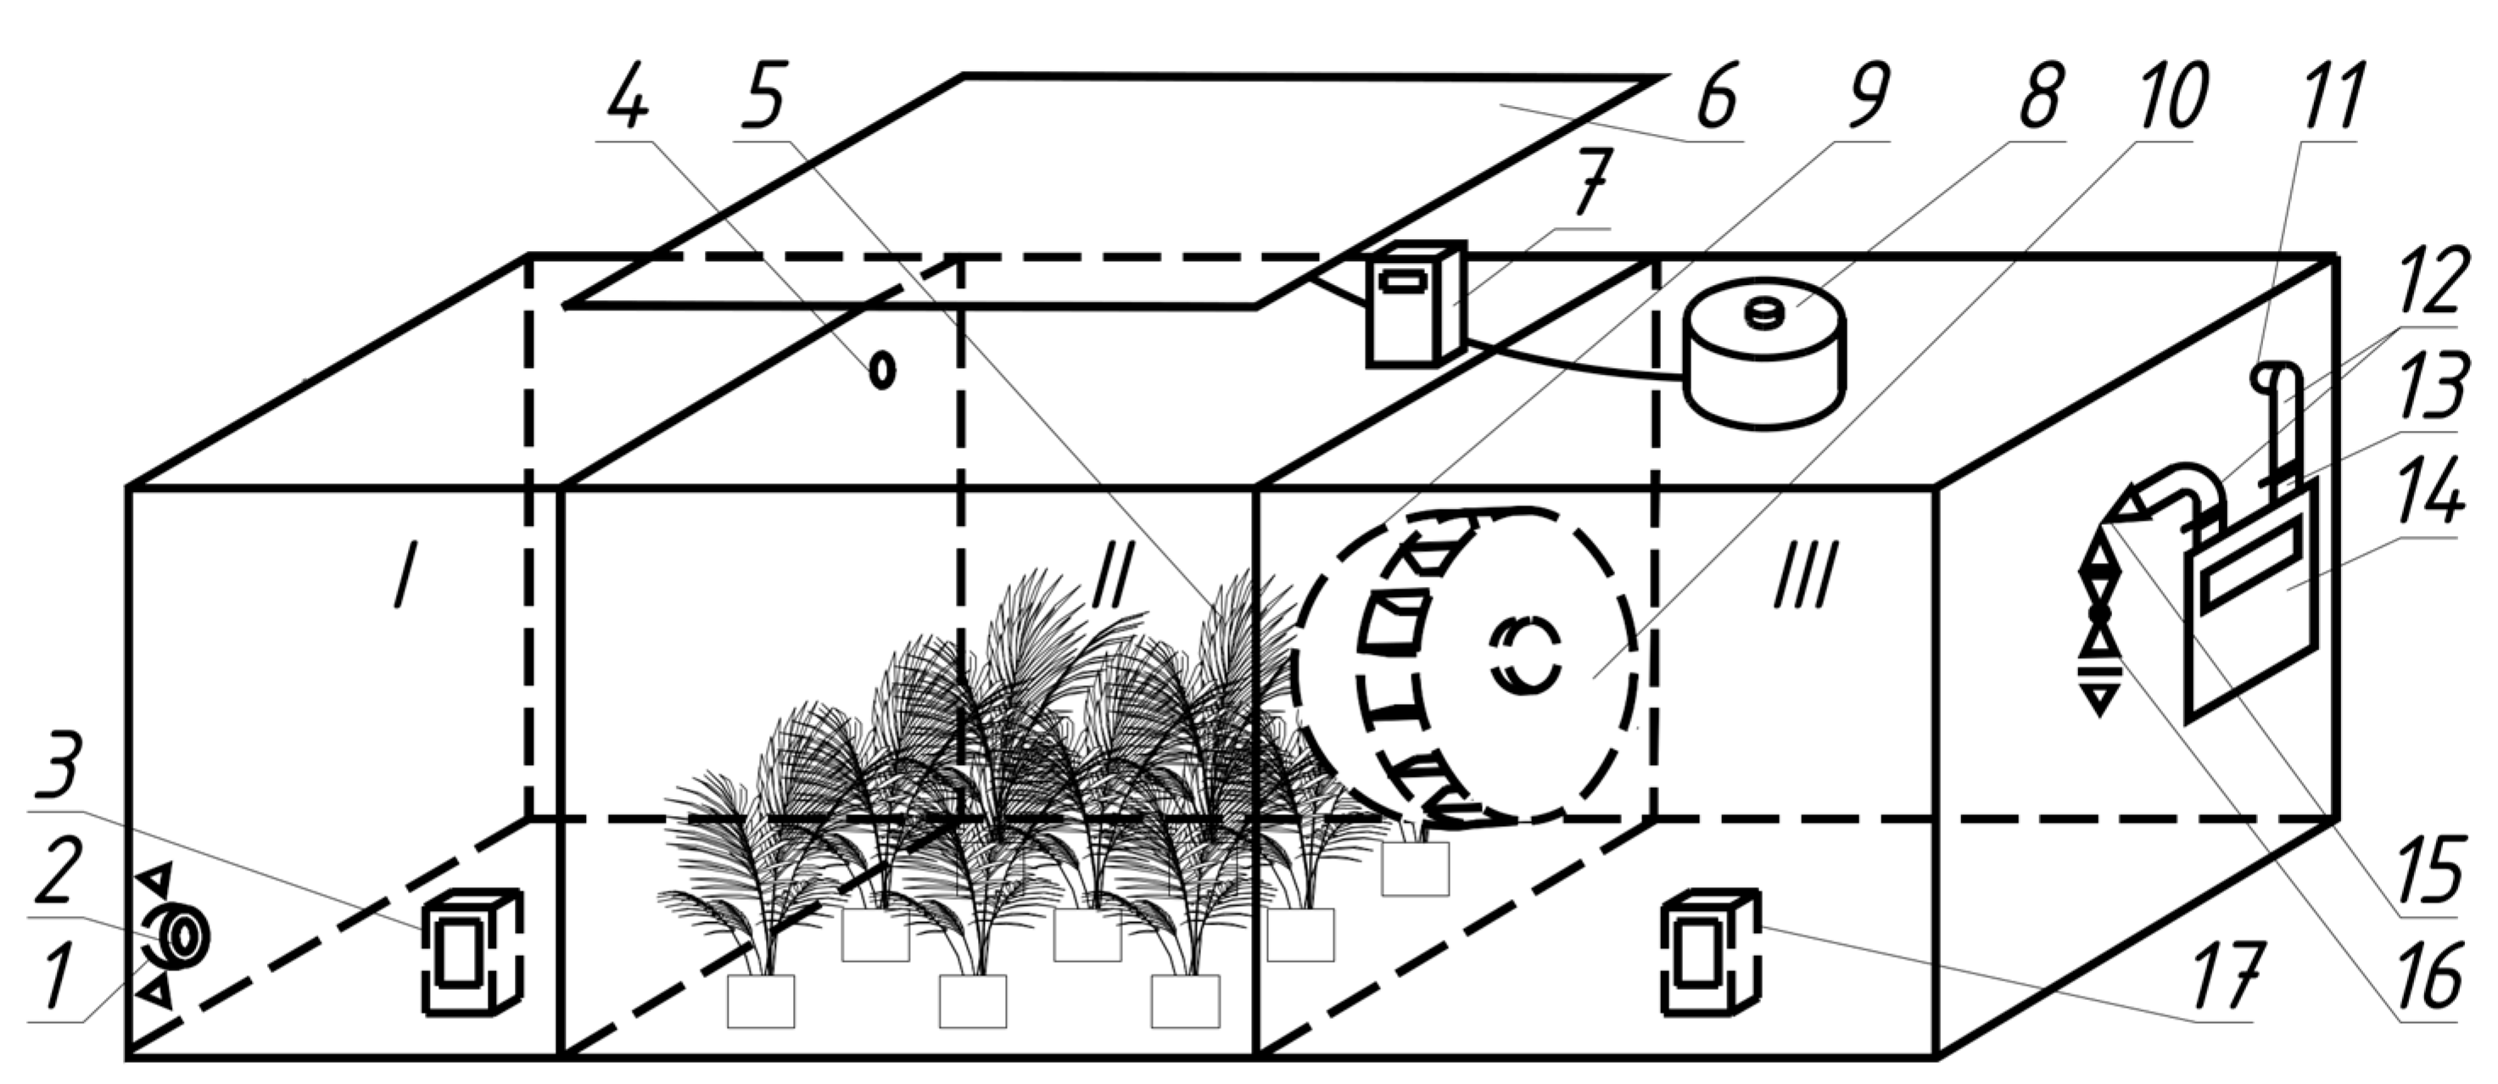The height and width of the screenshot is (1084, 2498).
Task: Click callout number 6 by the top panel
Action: (x=1718, y=97)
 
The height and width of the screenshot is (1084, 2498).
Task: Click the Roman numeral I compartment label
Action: (x=405, y=574)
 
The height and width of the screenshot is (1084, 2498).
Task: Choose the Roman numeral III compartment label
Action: (x=1806, y=574)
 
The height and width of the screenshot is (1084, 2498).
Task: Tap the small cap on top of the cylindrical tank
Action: (x=1764, y=313)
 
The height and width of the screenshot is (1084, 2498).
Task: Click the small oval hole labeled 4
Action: (x=881, y=370)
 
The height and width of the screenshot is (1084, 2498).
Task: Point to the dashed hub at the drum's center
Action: (x=1526, y=657)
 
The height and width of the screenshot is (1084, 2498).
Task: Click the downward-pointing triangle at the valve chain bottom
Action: (x=2100, y=699)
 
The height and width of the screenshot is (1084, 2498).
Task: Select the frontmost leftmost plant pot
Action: (x=761, y=1001)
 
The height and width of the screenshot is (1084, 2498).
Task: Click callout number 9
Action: (x=1866, y=97)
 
